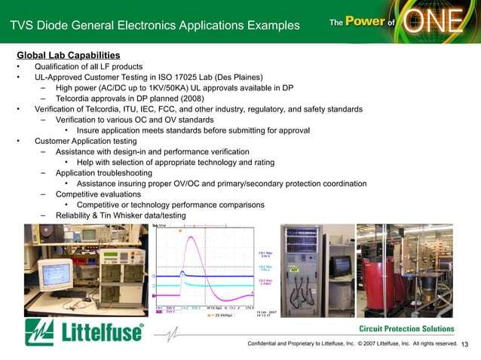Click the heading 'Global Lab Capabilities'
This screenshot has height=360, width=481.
[68, 56]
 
